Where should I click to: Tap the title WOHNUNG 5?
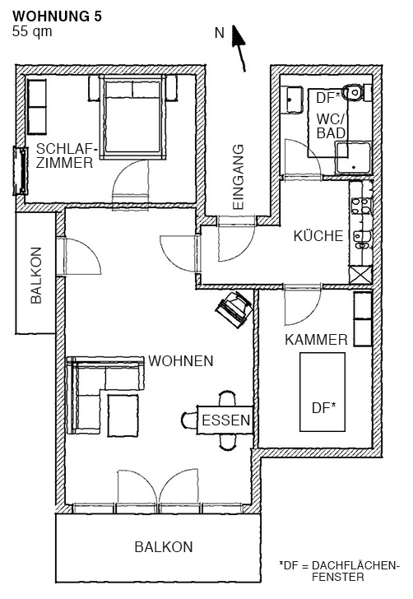[x=58, y=16]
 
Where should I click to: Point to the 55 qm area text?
[x=32, y=31]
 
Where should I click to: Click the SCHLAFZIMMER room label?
[x=65, y=156]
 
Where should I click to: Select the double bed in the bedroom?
[x=132, y=118]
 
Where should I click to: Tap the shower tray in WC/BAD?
[x=354, y=158]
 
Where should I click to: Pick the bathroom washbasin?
[x=292, y=100]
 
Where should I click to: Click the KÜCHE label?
[x=318, y=236]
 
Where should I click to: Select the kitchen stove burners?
[x=361, y=206]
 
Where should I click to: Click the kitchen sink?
[x=361, y=239]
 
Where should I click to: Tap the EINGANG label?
[x=238, y=176]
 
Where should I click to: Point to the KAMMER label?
[x=317, y=340]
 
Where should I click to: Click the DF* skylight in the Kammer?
[x=323, y=392]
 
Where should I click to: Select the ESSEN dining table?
[x=225, y=420]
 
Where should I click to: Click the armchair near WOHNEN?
[x=234, y=309]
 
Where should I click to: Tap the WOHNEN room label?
[x=181, y=361]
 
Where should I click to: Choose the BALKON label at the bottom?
[x=164, y=547]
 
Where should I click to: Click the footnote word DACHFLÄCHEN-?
[x=355, y=566]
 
